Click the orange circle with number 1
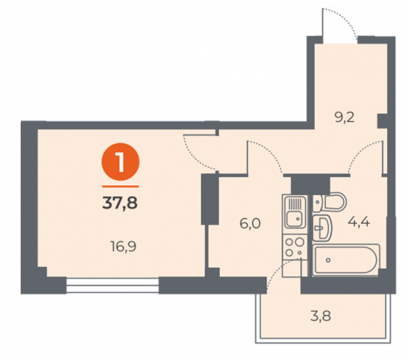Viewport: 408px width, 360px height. tap(120, 162)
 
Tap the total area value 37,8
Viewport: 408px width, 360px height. tap(120, 203)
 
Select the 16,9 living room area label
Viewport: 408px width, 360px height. tap(123, 246)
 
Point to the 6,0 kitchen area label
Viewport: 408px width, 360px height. tap(250, 224)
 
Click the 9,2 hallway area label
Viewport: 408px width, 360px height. tap(345, 118)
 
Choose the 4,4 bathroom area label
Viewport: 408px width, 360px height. tap(359, 222)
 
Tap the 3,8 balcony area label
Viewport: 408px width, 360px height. tap(321, 317)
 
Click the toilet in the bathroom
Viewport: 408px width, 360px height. tap(329, 202)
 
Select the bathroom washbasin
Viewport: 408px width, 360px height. tap(322, 228)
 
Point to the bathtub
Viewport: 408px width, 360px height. tap(346, 259)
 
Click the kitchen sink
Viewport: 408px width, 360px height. tap(295, 212)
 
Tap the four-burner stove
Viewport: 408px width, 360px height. tap(295, 247)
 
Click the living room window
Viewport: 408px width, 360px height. tap(112, 285)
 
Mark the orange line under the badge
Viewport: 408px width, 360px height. tap(120, 186)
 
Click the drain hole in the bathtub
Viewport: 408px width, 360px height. tap(328, 260)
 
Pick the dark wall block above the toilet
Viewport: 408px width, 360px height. tap(311, 184)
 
